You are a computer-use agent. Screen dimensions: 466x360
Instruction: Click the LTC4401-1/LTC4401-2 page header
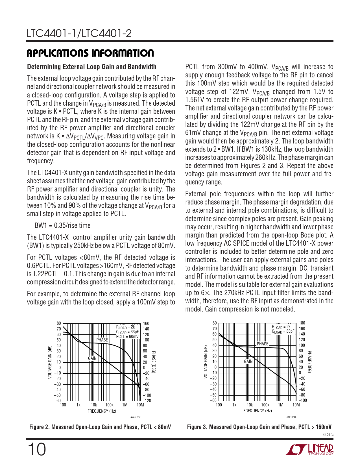tap(79, 34)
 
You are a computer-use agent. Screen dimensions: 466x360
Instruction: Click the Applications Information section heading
tap(90, 53)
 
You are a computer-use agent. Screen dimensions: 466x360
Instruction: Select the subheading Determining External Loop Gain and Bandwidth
tap(91, 67)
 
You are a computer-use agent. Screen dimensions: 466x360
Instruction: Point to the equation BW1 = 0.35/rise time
tap(62, 225)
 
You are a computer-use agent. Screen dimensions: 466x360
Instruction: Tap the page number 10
tap(37, 450)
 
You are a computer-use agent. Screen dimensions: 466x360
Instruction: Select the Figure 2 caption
tap(100, 427)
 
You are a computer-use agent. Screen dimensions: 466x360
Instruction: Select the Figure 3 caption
tap(259, 427)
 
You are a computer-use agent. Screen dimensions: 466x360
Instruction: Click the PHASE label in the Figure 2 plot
tap(102, 340)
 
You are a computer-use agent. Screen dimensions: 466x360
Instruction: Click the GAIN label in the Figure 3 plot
tap(248, 361)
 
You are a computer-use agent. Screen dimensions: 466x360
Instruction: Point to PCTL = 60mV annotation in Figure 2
tap(127, 336)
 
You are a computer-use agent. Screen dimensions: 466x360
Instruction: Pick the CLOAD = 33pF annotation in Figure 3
tap(283, 331)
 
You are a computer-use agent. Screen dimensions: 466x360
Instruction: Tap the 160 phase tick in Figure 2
tap(146, 323)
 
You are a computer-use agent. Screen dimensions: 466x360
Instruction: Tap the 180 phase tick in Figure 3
tap(302, 323)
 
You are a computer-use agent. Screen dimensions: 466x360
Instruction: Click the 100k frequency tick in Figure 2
tap(109, 405)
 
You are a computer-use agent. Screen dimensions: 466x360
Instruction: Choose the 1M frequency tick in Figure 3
tap(280, 405)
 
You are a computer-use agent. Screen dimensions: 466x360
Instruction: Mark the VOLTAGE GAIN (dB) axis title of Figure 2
tap(50, 362)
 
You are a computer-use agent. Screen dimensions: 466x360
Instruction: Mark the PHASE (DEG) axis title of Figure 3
tap(309, 362)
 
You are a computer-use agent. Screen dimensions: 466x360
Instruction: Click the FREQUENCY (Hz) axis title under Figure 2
tap(102, 411)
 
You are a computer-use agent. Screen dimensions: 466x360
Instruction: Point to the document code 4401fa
tap(328, 434)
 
